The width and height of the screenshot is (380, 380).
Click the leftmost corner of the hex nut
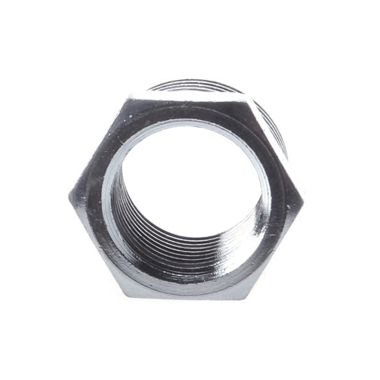(x=69, y=196)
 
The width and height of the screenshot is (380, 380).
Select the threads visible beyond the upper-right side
(x=277, y=129)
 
